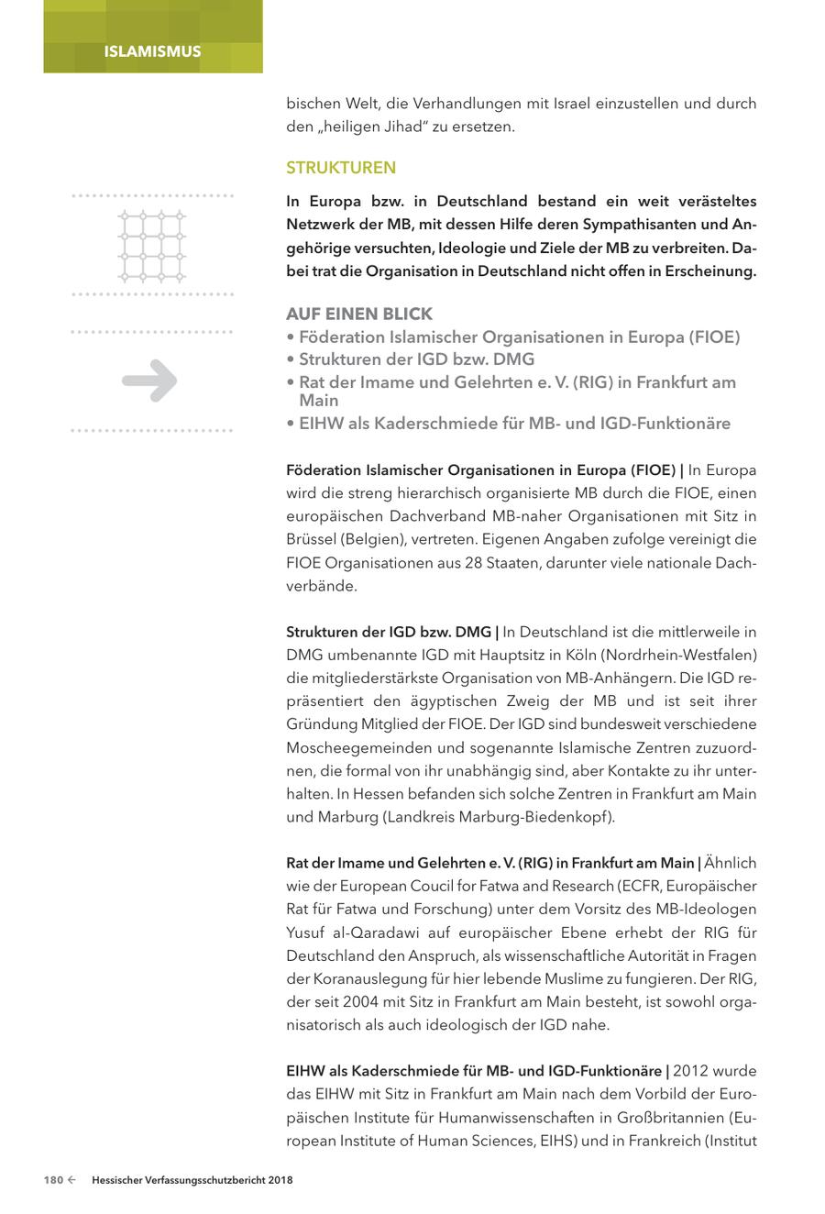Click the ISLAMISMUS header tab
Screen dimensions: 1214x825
152,51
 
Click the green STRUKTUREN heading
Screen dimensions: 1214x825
341,168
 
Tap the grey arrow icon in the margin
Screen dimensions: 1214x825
150,381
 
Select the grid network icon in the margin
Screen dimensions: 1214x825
152,246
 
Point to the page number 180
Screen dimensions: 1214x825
52,1181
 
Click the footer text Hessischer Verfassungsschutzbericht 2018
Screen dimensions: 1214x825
192,1181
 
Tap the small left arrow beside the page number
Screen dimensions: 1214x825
71,1181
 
